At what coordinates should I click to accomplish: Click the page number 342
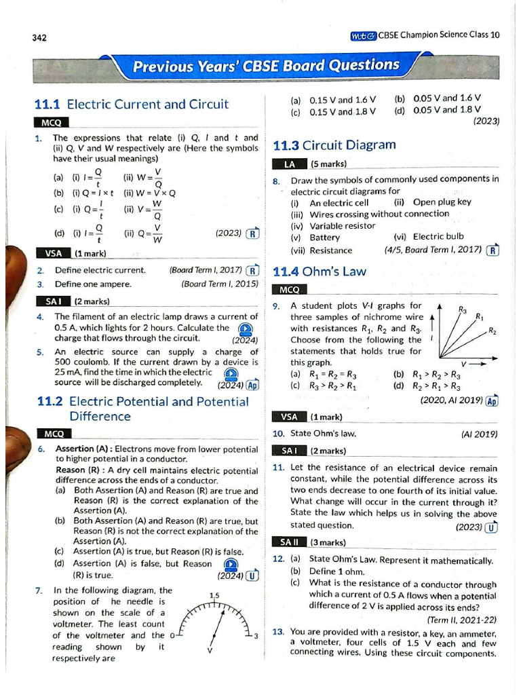coord(39,37)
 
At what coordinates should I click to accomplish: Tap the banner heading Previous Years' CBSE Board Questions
coord(266,66)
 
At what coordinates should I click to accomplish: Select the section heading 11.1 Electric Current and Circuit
coord(131,105)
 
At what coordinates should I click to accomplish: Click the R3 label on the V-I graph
coord(463,310)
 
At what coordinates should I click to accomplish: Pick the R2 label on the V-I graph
coord(492,331)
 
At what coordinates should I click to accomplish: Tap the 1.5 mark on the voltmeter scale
coord(215,596)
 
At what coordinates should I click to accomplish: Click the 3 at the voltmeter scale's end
coord(255,636)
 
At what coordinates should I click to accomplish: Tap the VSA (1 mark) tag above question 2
coord(71,254)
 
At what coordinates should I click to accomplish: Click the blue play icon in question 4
coord(247,328)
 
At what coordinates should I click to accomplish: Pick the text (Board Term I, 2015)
coord(220,284)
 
